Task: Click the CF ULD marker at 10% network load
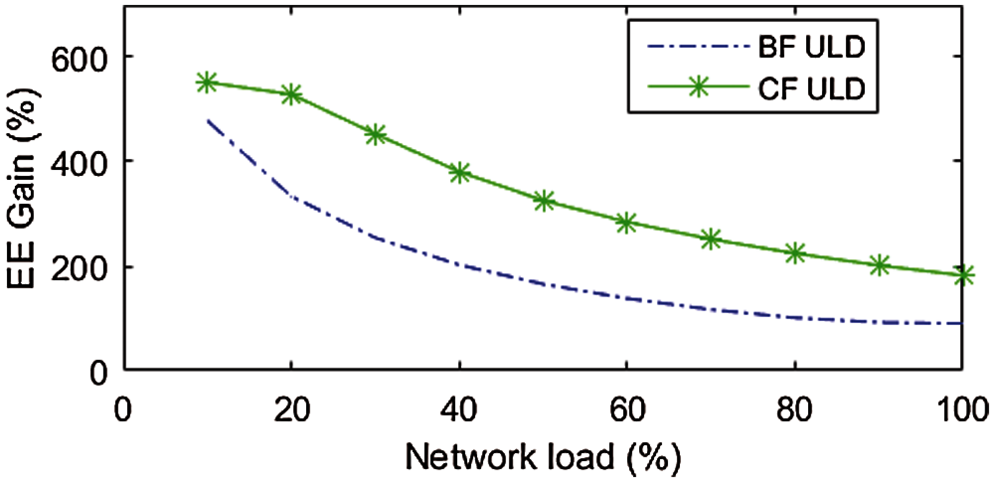tap(206, 82)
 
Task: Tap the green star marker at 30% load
tap(375, 134)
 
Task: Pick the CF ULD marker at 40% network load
tap(460, 172)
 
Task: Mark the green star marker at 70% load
tap(711, 240)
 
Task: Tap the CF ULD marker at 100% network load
tap(963, 275)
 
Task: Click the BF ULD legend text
tap(812, 48)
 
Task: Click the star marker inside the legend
tap(698, 86)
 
